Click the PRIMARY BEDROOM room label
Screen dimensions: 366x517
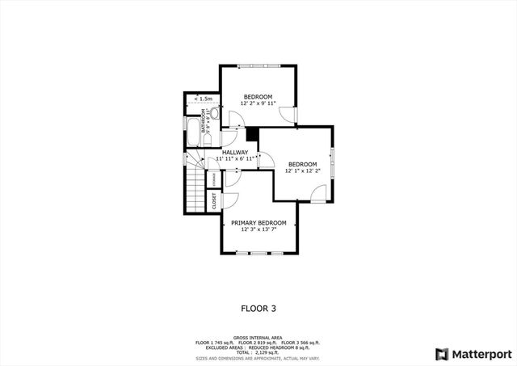click(258, 222)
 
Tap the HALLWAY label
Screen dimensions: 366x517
click(235, 152)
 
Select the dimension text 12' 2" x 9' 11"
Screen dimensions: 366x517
click(258, 103)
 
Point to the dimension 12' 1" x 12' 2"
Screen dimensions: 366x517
click(302, 170)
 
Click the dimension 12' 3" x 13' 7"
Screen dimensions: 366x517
click(258, 229)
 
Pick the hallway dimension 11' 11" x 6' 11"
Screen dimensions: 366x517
click(235, 159)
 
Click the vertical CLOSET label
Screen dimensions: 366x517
click(214, 201)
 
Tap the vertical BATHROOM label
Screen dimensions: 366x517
click(204, 126)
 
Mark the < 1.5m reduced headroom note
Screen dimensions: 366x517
click(204, 99)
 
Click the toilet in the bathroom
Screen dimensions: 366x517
click(216, 114)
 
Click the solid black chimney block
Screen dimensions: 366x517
click(252, 133)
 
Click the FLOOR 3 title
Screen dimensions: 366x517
click(258, 308)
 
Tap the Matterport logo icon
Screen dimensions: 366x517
click(441, 354)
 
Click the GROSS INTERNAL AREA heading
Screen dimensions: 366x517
click(258, 338)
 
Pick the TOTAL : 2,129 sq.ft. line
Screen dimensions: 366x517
click(258, 352)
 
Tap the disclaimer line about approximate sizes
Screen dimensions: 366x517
click(258, 357)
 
